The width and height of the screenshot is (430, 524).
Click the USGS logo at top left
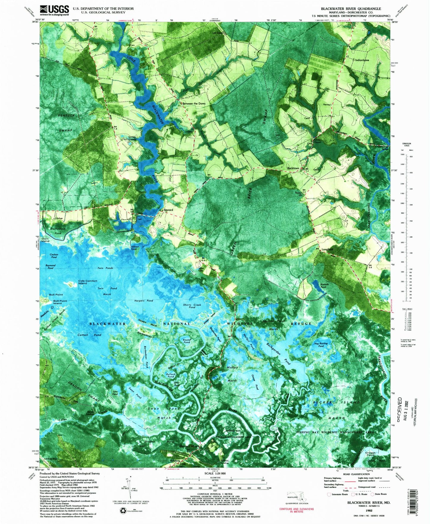(x=54, y=10)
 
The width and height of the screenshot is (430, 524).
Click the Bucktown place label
(x=293, y=168)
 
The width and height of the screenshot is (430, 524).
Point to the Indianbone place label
(x=362, y=60)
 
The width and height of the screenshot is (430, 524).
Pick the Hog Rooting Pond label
(x=321, y=345)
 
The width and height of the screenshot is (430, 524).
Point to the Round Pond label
(x=187, y=341)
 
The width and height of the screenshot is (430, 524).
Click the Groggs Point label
(x=370, y=453)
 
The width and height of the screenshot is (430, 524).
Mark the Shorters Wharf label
(x=189, y=446)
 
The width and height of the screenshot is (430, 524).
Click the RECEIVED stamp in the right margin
(x=399, y=409)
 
